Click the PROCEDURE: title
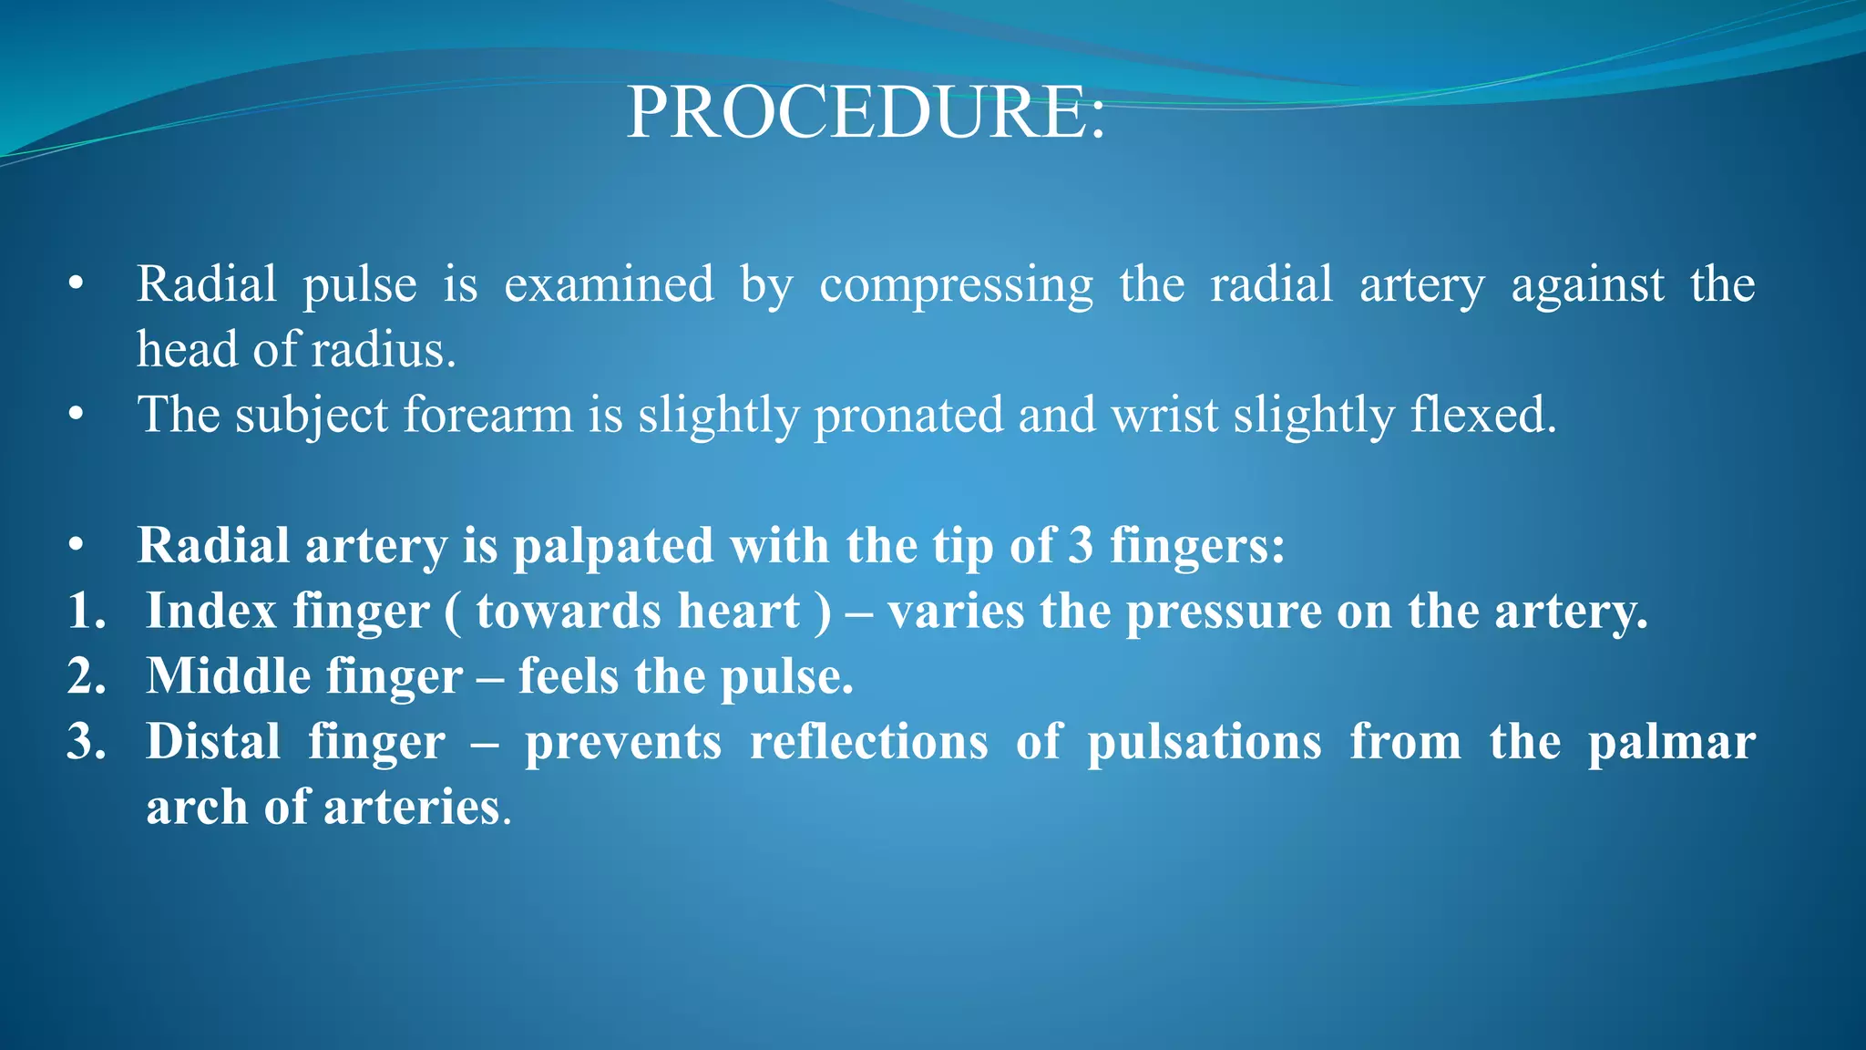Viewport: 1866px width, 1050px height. (x=866, y=113)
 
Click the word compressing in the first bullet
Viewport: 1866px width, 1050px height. (x=956, y=285)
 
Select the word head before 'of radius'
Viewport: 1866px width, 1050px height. (x=186, y=349)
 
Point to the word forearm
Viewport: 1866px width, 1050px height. (x=487, y=415)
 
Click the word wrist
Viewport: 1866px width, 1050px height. (x=1164, y=415)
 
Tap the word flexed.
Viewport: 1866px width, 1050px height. (x=1484, y=415)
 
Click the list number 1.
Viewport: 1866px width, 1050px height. (x=87, y=611)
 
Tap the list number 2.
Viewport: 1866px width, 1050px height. (x=87, y=676)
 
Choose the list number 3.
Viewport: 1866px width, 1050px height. (x=87, y=742)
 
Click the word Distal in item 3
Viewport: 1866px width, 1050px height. (x=213, y=742)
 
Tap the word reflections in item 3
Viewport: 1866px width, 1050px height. (x=868, y=742)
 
